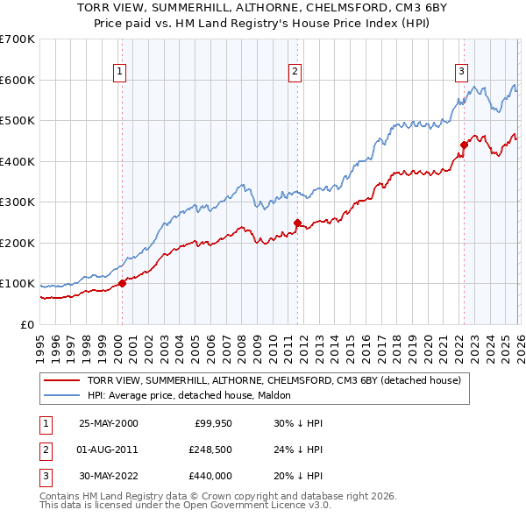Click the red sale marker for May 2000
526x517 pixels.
tap(123, 283)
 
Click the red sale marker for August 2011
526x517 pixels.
tap(297, 223)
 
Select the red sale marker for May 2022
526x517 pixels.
tap(464, 145)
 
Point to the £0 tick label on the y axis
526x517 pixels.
tap(26, 324)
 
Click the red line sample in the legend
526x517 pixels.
tap(62, 380)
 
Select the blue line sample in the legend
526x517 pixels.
tap(62, 395)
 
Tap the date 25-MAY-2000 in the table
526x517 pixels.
tap(108, 423)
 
